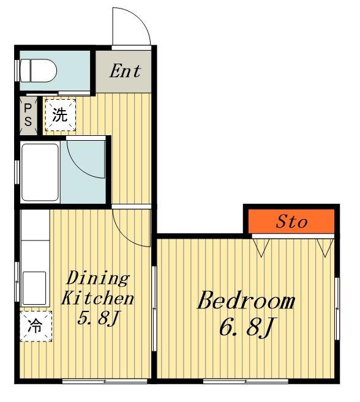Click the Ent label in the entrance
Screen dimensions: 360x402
pyautogui.click(x=126, y=71)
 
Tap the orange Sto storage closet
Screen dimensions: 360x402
pyautogui.click(x=291, y=221)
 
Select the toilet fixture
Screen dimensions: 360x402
pyautogui.click(x=38, y=71)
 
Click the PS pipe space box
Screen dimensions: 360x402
pyautogui.click(x=28, y=116)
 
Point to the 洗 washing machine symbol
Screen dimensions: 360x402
pyautogui.click(x=60, y=115)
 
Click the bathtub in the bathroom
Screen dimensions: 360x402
pyautogui.click(x=40, y=173)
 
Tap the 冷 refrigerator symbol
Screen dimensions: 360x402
pyautogui.click(x=36, y=326)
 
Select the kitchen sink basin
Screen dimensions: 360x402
pyautogui.click(x=34, y=288)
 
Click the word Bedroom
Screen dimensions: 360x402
pyautogui.click(x=246, y=300)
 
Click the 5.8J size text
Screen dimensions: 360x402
pyautogui.click(x=99, y=318)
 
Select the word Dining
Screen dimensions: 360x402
pyautogui.click(x=98, y=278)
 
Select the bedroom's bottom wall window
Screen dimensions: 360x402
pyautogui.click(x=246, y=381)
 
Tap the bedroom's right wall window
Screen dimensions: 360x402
pyautogui.click(x=337, y=309)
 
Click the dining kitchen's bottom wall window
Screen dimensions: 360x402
pyautogui.click(x=105, y=381)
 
